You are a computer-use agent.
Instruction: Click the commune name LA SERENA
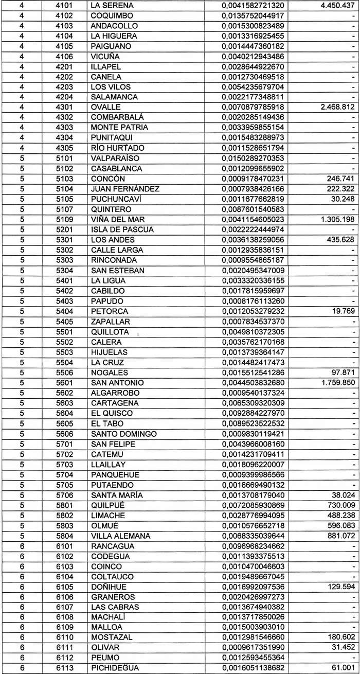pos(112,5)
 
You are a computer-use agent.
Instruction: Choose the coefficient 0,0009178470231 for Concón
pos(253,179)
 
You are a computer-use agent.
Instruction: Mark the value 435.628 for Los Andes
pos(340,240)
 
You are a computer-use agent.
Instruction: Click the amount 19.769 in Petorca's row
pos(344,311)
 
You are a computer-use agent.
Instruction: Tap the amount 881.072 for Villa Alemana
pos(340,536)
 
